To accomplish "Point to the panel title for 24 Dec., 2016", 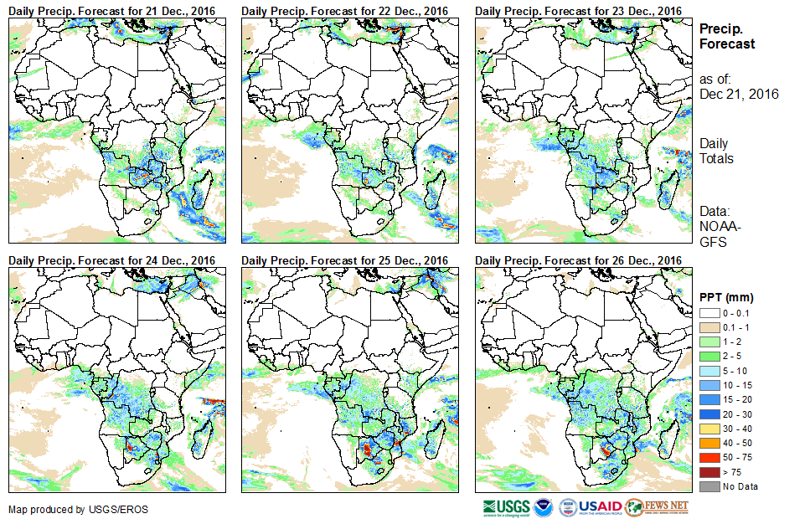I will pyautogui.click(x=112, y=260).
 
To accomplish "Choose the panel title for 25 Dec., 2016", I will pyautogui.click(x=345, y=260).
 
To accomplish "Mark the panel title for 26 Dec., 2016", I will pyautogui.click(x=578, y=260).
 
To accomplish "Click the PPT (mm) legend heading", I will pyautogui.click(x=726, y=297).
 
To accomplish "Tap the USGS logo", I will pyautogui.click(x=505, y=507).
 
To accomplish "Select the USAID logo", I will pyautogui.click(x=599, y=507).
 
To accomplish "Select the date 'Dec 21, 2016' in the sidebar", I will pyautogui.click(x=739, y=94).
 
